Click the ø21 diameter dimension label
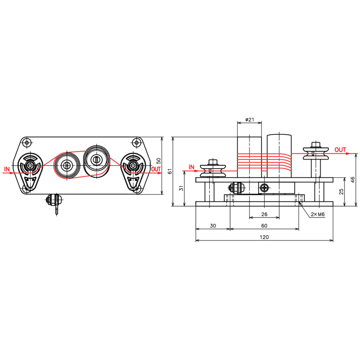tap(250, 120)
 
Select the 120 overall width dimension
tap(264, 237)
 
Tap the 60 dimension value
tap(264, 226)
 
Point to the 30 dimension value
tap(213, 226)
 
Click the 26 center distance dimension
tap(264, 214)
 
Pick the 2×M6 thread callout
tap(318, 214)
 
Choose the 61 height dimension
tap(170, 171)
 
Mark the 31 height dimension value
tap(181, 188)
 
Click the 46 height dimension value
tap(353, 180)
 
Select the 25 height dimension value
tap(341, 192)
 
